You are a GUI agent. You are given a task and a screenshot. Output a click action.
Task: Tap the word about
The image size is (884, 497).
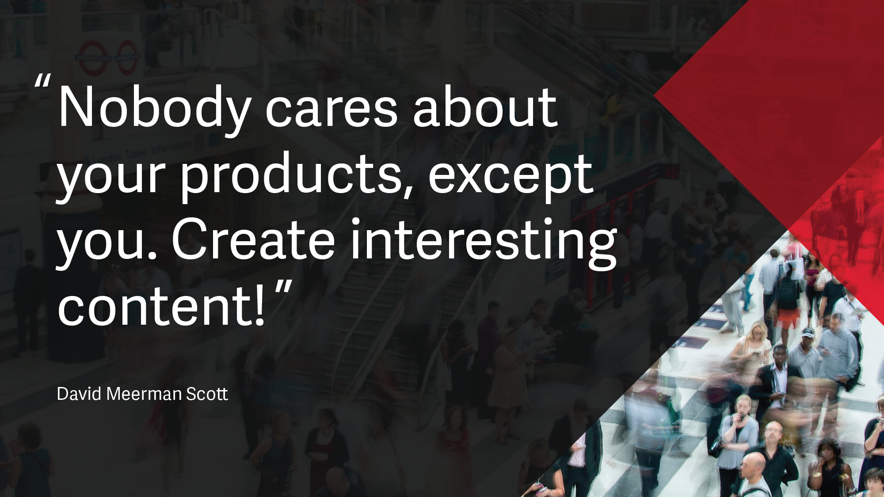click(x=485, y=106)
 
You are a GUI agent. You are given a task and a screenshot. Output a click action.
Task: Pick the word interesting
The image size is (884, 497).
click(x=484, y=243)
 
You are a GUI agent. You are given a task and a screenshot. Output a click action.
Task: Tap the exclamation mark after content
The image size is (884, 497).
click(x=259, y=305)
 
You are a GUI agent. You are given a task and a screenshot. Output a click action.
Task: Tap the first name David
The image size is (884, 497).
click(x=80, y=394)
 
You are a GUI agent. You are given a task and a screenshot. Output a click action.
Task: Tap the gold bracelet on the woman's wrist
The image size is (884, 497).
click(x=817, y=474)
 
